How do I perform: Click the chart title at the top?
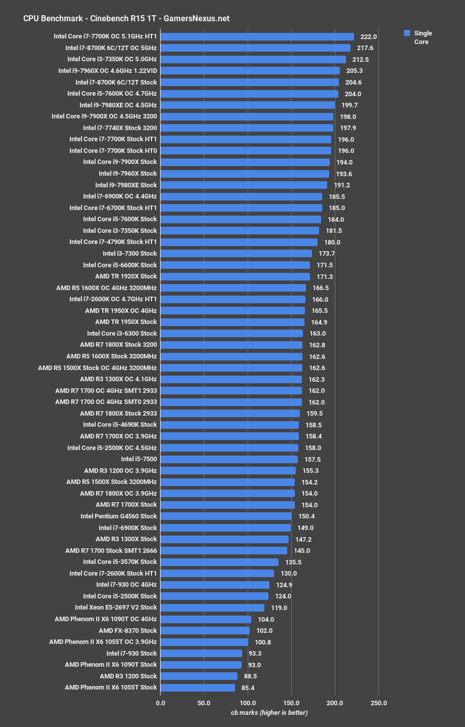(x=126, y=18)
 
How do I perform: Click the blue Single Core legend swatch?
(x=407, y=33)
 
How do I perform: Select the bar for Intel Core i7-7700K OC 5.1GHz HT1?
(x=257, y=36)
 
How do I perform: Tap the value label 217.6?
(x=365, y=48)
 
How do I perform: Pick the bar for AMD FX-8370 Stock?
(x=205, y=630)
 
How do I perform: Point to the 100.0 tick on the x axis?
(x=248, y=703)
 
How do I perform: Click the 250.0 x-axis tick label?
(x=378, y=703)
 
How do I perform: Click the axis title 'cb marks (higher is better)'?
(x=269, y=712)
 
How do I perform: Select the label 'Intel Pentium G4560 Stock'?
(x=119, y=516)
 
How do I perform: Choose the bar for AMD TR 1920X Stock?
(x=235, y=276)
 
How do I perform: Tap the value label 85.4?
(x=248, y=688)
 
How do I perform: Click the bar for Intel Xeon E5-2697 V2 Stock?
(x=212, y=608)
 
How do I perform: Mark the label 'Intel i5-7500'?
(x=139, y=459)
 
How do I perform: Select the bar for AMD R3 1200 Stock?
(x=199, y=676)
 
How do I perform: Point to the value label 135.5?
(x=293, y=562)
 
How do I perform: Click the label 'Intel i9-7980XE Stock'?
(x=126, y=185)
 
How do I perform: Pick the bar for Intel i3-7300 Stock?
(x=236, y=253)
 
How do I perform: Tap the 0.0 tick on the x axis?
(x=161, y=703)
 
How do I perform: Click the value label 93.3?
(x=255, y=653)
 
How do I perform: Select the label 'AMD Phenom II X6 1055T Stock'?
(x=111, y=687)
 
